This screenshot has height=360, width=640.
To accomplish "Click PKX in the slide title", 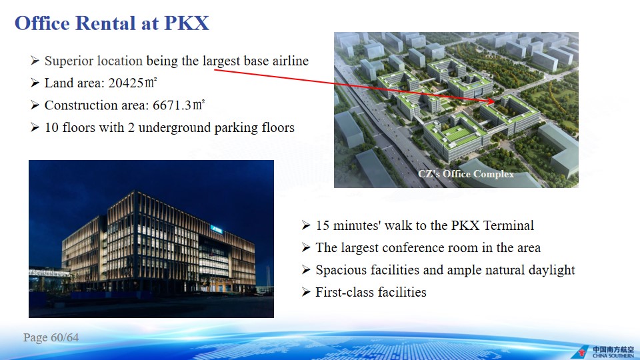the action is click(186, 23).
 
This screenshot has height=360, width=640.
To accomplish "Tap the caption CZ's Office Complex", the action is click(466, 174).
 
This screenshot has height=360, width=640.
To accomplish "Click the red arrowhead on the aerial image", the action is click(491, 101).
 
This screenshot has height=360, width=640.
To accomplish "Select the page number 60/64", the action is click(65, 337).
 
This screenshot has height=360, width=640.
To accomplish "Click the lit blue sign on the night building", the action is click(216, 229).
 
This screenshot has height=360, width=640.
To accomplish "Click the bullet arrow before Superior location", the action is click(35, 61).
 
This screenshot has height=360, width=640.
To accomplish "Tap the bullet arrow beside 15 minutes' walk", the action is click(306, 225).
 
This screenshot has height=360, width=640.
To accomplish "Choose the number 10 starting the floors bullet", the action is click(52, 128).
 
